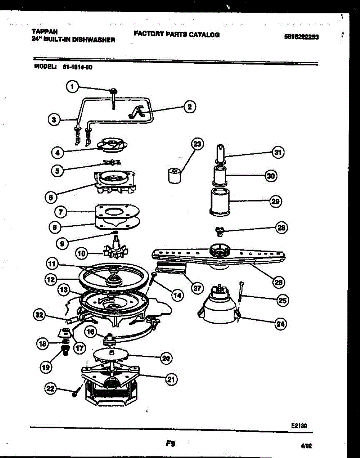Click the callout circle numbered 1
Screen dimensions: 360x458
coord(72,87)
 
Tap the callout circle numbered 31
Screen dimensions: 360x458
coord(278,153)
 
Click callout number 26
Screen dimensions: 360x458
coord(278,282)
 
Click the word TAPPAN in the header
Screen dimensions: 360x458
coord(42,32)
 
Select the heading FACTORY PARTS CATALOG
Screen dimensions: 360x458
coord(177,34)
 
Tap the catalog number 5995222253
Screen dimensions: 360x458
coord(301,37)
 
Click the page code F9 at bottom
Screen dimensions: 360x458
coord(170,443)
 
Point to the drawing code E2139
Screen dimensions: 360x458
coord(300,424)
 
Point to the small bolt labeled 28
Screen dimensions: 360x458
coord(219,231)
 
